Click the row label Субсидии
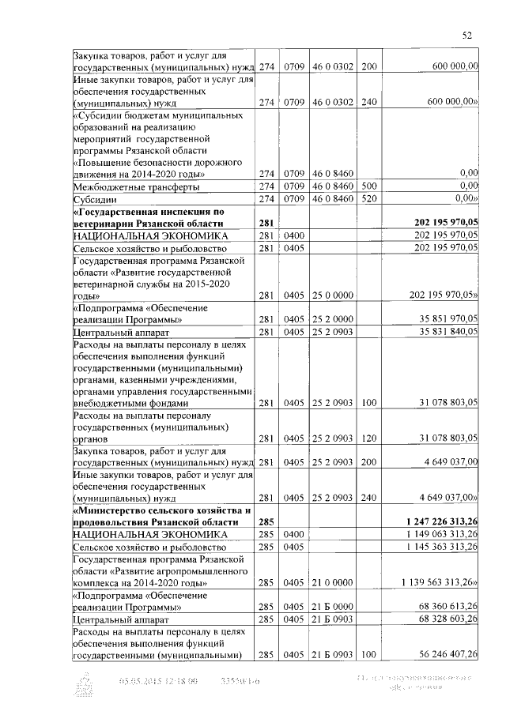(94, 199)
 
